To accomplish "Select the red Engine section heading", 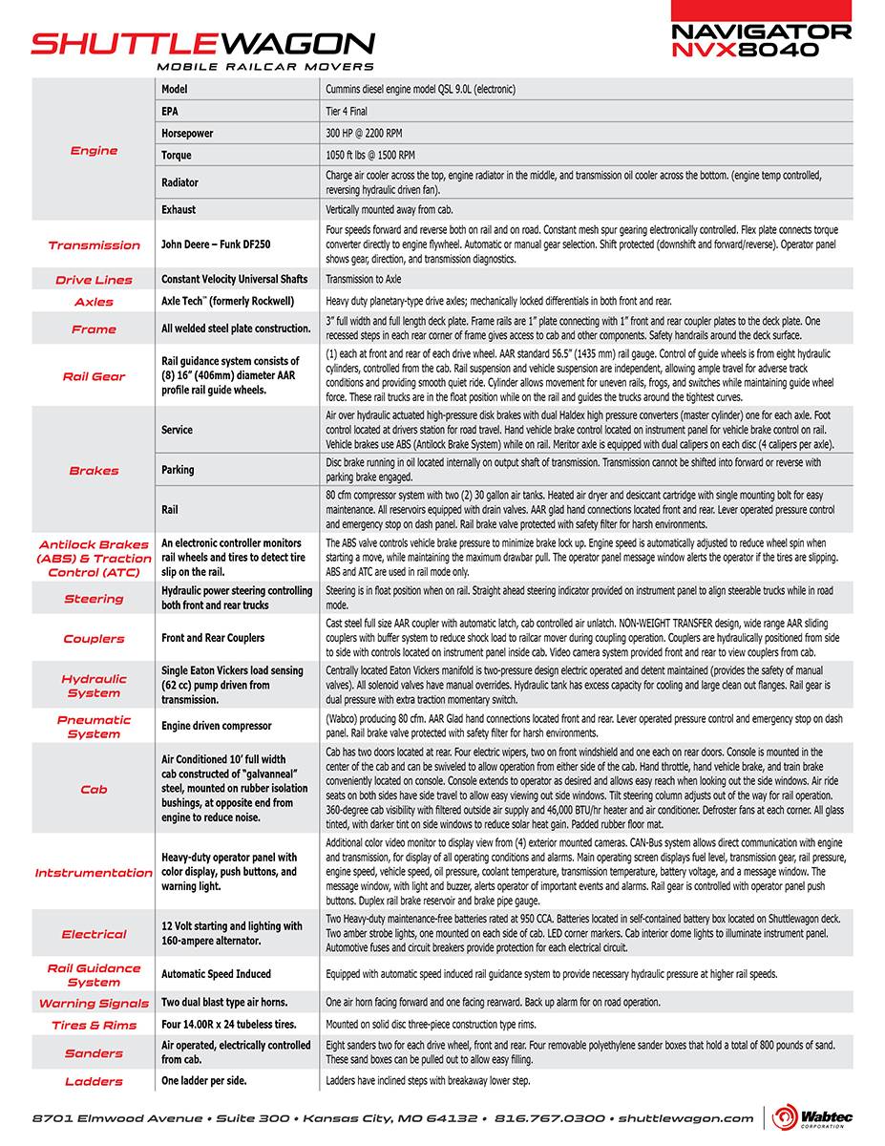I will coord(94,150).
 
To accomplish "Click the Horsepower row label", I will coord(187,133).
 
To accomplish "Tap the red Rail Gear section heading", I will coord(94,376).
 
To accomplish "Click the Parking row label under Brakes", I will coord(178,469).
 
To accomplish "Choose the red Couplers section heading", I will coord(94,638).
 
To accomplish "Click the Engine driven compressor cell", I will coord(216,726).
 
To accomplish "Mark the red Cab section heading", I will coord(94,789).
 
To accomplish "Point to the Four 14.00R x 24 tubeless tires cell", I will coord(229,1024).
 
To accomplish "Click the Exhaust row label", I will coord(179,208).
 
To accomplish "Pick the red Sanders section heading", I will coord(94,1052).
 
